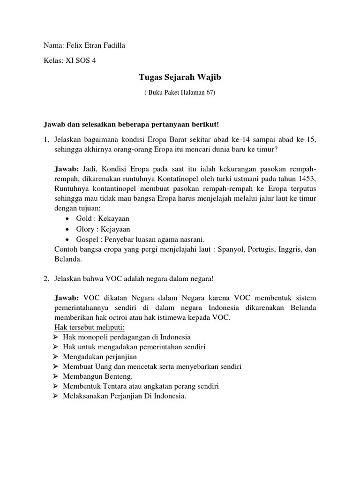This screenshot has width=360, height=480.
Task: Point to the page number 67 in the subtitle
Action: point(208,92)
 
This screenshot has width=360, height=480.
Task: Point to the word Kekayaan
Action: point(113,219)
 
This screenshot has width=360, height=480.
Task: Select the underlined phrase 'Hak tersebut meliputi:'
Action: point(90,327)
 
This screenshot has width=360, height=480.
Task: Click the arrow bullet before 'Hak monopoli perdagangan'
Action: point(56,337)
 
